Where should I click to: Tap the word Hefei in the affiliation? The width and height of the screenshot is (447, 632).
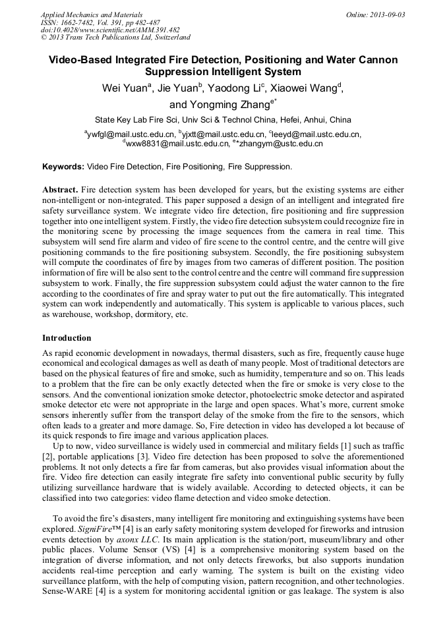tap(278, 120)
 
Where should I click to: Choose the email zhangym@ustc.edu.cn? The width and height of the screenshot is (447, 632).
tap(281, 143)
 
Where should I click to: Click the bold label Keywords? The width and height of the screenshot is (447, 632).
tap(63, 167)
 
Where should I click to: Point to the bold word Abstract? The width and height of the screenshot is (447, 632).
tap(61, 189)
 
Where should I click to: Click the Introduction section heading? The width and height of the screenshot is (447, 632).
tap(67, 338)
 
